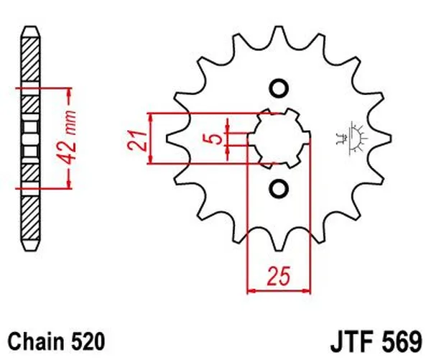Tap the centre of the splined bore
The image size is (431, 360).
coord(277,138)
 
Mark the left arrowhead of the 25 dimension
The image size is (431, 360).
coord(251,291)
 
